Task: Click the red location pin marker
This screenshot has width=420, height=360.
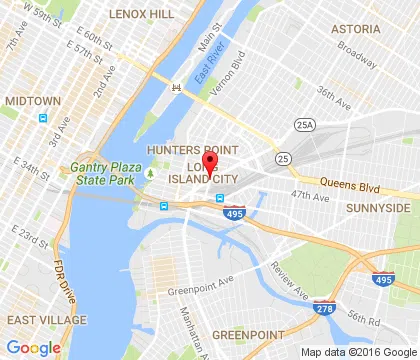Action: coord(210,163)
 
